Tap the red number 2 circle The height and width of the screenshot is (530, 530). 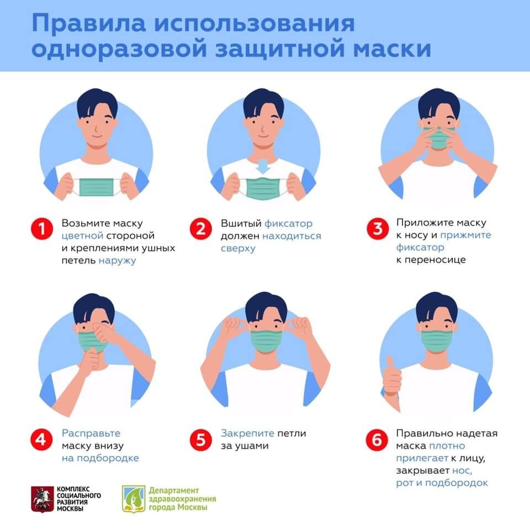200,229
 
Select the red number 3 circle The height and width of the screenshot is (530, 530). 377,229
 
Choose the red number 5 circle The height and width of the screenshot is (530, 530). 200,440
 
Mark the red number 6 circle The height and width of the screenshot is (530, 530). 377,440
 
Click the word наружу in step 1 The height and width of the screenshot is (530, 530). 118,261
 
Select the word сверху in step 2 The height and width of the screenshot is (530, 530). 238,248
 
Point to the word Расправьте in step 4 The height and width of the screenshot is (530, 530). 91,433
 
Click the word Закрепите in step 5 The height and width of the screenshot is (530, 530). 247,433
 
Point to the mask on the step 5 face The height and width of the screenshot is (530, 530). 266,338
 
